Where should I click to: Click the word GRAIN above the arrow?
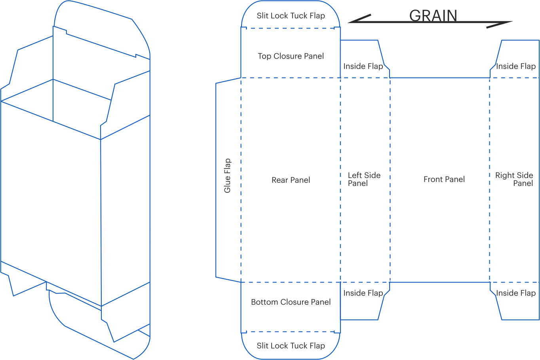click(x=433, y=16)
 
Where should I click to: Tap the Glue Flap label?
click(x=227, y=176)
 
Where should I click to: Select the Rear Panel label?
click(x=291, y=180)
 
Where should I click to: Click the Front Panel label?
click(x=444, y=179)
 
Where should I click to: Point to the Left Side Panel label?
click(x=364, y=179)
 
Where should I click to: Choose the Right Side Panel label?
click(x=514, y=179)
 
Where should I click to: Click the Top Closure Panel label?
click(x=291, y=56)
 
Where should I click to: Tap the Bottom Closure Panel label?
click(x=291, y=302)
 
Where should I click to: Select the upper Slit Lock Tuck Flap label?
click(x=291, y=16)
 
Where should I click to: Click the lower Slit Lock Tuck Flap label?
click(x=291, y=346)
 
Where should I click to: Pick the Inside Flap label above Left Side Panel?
click(x=363, y=66)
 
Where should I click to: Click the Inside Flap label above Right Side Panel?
click(x=516, y=66)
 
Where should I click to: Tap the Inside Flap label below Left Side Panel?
click(x=363, y=293)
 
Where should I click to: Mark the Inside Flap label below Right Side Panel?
click(x=516, y=293)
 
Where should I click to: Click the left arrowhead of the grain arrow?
click(x=359, y=19)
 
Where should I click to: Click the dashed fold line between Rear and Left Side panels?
click(x=340, y=180)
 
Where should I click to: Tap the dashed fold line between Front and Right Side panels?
click(x=490, y=180)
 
